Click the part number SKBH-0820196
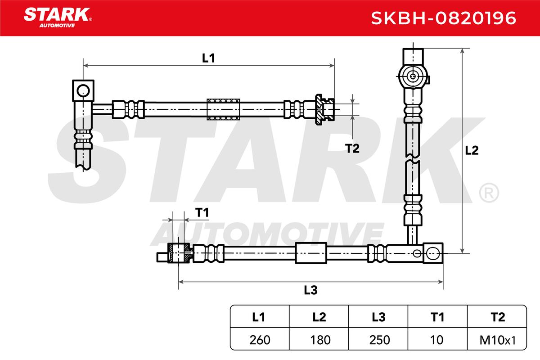pyautogui.click(x=443, y=18)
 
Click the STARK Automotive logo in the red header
pyautogui.click(x=58, y=18)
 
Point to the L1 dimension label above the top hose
pyautogui.click(x=208, y=58)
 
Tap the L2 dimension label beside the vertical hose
pyautogui.click(x=472, y=150)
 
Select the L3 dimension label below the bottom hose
pyautogui.click(x=310, y=290)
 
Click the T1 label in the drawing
pyautogui.click(x=202, y=212)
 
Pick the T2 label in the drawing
pyautogui.click(x=352, y=148)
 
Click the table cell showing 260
pyautogui.click(x=260, y=340)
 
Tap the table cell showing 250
pyautogui.click(x=379, y=340)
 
